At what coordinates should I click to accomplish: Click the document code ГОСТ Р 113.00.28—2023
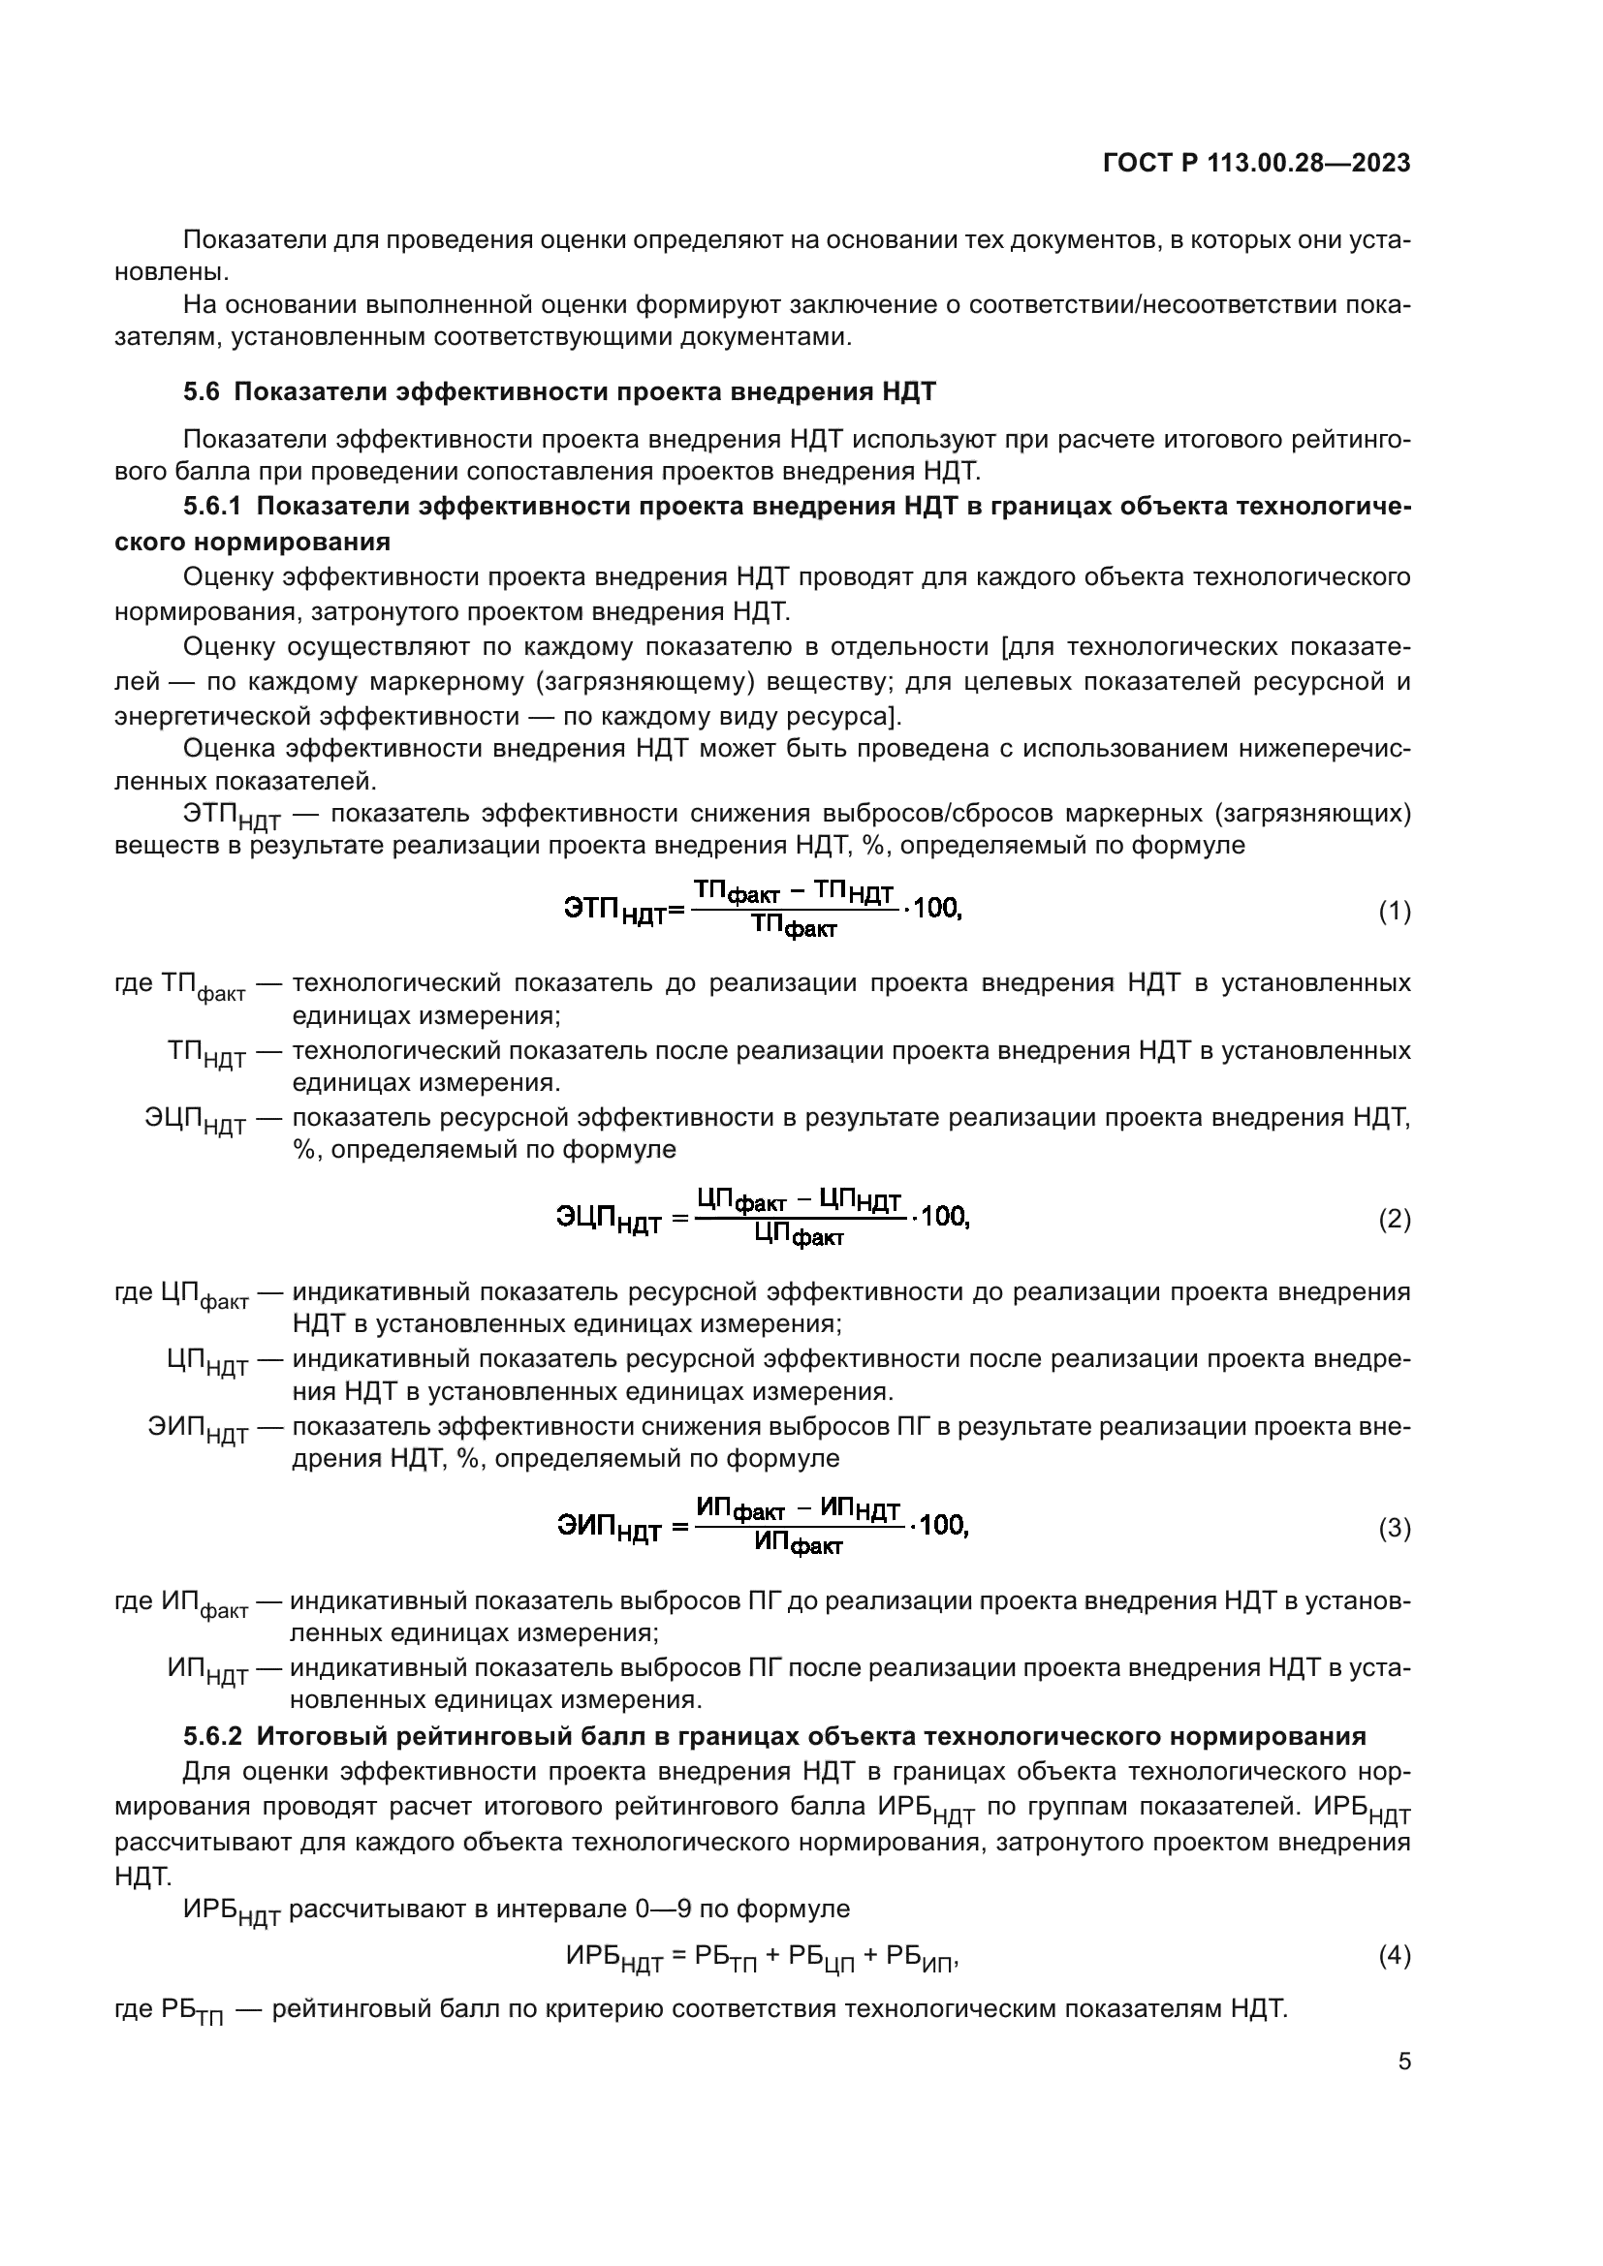1255,164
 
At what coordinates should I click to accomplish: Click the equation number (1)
1394,912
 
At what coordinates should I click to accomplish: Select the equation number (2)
1394,1220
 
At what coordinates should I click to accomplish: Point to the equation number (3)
1394,1529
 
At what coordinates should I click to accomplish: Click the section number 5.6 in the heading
202,391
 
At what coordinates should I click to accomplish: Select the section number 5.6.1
212,507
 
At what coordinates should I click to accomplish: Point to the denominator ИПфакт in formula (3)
799,1543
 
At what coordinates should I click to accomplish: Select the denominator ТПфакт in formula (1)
794,927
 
